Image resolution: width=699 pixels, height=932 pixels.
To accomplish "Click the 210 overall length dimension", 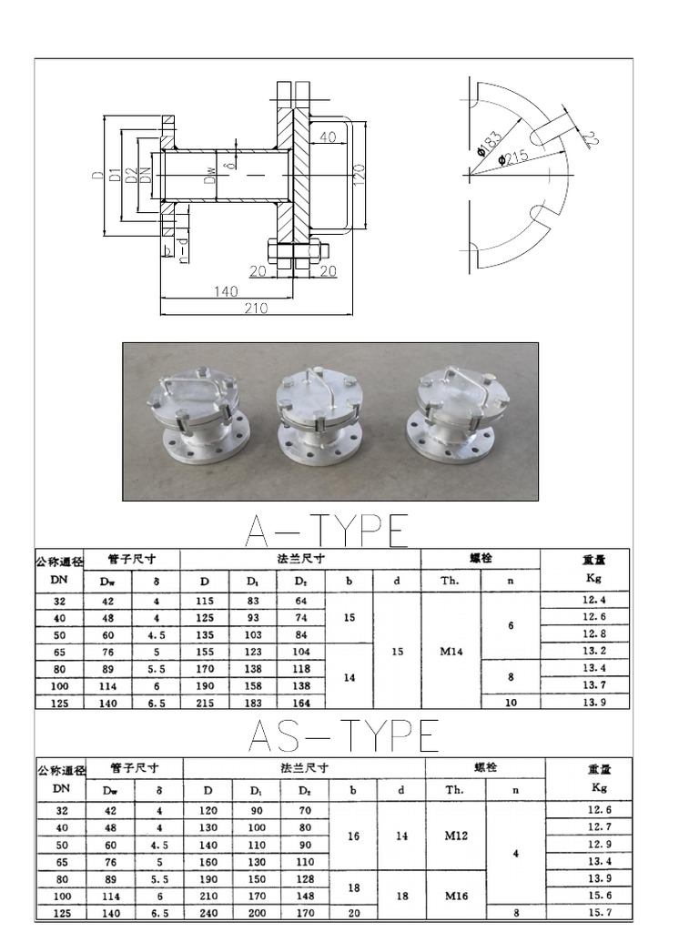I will tap(256, 309).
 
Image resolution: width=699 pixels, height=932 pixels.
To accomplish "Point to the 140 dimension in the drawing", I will tap(226, 291).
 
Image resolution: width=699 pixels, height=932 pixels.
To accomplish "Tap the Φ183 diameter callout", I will tap(489, 147).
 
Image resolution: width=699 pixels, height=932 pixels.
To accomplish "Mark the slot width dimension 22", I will tap(589, 139).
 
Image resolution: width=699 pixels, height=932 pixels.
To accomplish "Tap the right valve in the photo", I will tap(456, 414).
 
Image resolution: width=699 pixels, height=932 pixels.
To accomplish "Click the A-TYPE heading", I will tap(326, 531).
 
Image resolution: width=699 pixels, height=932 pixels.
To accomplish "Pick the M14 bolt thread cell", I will tap(450, 652).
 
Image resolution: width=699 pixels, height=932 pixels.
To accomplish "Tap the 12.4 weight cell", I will tap(592, 599).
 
